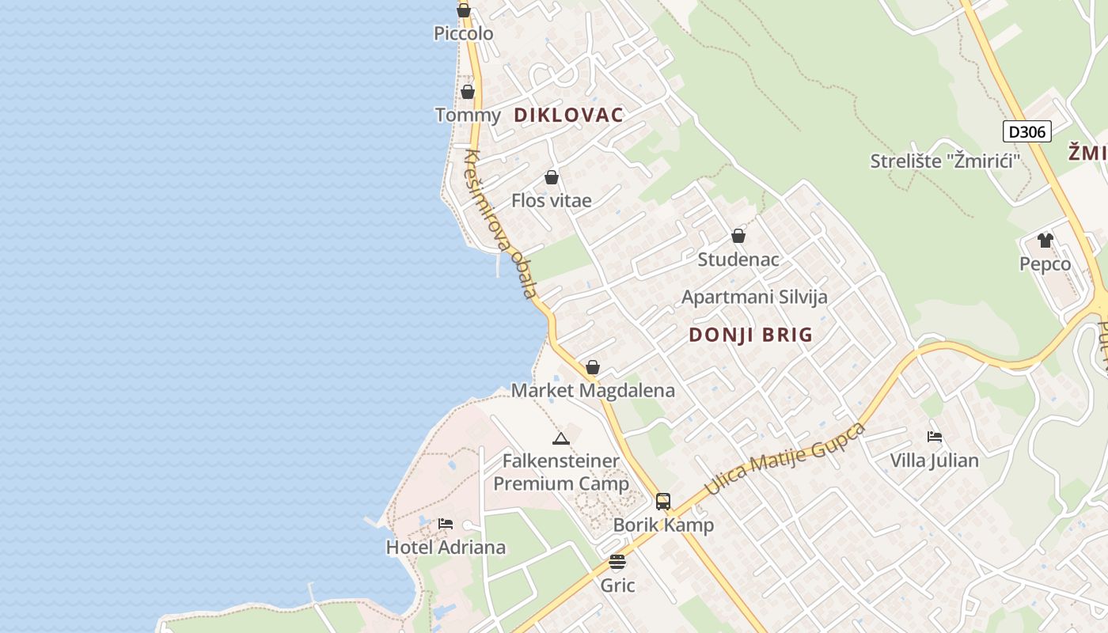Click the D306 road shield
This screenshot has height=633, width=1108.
1027,131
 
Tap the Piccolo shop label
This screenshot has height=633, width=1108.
463,33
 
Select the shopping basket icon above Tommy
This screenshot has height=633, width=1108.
468,92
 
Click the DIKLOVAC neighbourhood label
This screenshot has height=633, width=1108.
568,115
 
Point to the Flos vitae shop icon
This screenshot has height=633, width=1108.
552,177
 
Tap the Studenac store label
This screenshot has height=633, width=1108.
738,259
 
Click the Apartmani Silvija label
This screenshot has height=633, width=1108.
754,297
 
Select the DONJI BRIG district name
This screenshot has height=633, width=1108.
750,334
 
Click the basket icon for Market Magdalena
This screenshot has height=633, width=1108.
592,367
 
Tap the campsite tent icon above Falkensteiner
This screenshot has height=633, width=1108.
560,438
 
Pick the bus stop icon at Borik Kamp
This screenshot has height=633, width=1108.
663,501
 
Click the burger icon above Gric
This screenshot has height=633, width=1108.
617,562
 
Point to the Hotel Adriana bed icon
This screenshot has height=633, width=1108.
446,523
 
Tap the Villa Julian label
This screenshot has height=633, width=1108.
934,460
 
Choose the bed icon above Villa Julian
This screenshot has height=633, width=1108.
934,436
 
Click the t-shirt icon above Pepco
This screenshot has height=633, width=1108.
1045,240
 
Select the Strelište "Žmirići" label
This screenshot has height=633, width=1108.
945,161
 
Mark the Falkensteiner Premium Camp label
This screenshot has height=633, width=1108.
561,472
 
